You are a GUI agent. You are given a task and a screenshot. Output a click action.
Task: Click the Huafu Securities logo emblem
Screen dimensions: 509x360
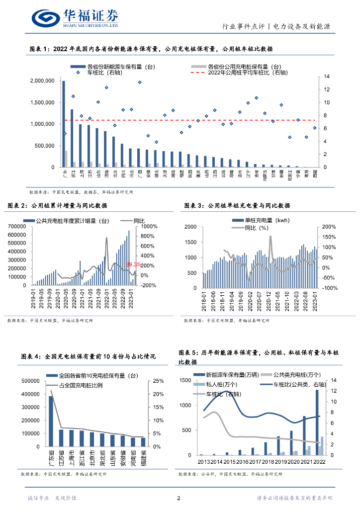pos(46,18)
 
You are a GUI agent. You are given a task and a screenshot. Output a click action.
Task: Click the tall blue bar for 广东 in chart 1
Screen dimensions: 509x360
pos(64,124)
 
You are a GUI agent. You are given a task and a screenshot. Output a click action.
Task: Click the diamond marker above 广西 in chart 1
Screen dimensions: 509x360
pos(140,83)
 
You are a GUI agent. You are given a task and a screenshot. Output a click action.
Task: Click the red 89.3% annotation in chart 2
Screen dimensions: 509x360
pos(134,264)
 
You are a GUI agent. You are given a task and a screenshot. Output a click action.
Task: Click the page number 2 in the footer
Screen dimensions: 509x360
pos(179,498)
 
